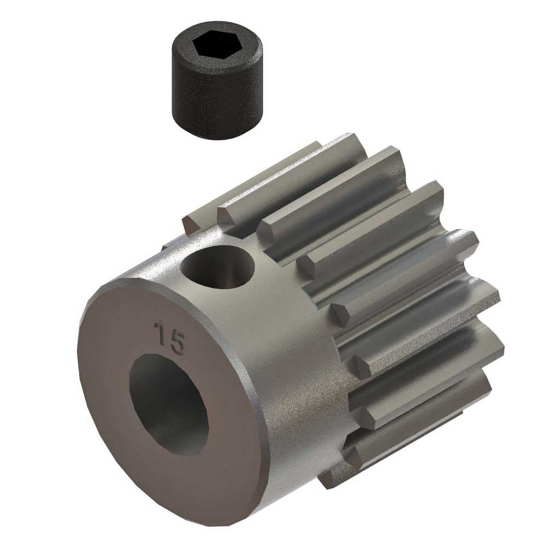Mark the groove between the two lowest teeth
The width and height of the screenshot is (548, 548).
tap(391, 427)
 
